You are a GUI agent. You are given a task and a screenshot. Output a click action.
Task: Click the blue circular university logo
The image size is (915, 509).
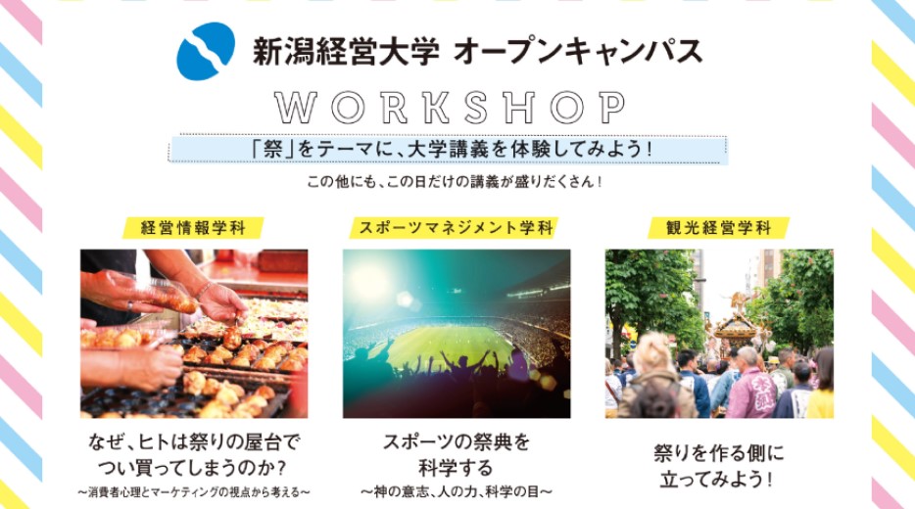[x=206, y=51]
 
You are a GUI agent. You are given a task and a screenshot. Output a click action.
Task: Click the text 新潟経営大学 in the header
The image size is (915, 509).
[x=346, y=51]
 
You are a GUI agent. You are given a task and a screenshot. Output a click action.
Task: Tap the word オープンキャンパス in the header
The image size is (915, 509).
[x=577, y=51]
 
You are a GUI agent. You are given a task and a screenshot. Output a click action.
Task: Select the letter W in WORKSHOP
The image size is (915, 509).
[x=296, y=108]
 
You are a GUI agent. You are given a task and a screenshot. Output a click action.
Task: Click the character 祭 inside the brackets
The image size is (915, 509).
[x=272, y=150]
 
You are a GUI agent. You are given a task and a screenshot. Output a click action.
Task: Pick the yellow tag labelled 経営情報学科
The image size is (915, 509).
[x=193, y=227]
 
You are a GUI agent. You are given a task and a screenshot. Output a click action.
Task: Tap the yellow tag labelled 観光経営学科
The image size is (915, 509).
[x=718, y=227]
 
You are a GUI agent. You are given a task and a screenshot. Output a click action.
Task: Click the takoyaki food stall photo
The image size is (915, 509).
[x=194, y=334]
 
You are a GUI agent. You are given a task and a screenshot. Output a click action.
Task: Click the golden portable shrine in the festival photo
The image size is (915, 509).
[x=736, y=327]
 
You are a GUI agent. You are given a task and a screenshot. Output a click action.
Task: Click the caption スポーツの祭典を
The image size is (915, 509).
[x=457, y=441]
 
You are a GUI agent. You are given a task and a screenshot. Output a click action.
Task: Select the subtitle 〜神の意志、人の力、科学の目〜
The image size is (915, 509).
[x=457, y=491]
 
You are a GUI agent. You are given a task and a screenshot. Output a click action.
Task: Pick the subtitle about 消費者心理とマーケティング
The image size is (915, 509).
[x=194, y=492]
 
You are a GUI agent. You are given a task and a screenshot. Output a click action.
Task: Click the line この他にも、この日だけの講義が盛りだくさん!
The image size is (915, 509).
[x=454, y=182]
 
